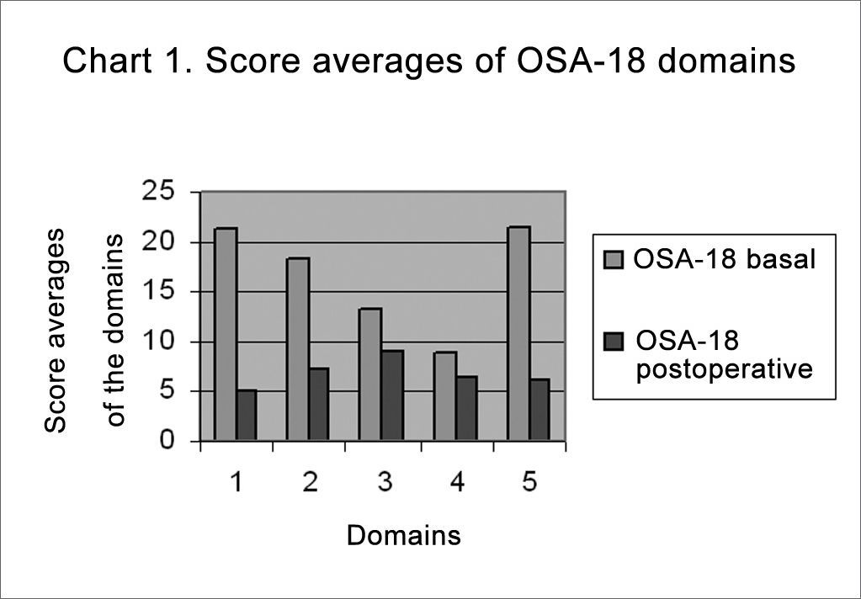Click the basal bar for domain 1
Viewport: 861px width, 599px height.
226,334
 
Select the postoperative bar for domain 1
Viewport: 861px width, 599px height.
247,415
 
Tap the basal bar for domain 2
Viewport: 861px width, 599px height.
298,349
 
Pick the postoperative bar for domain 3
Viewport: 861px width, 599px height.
392,395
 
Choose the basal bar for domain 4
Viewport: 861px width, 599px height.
444,396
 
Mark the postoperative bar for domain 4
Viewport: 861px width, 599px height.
466,409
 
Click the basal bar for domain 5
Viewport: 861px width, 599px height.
518,333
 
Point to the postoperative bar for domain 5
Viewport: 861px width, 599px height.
539,410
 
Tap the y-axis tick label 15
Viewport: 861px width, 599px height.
158,291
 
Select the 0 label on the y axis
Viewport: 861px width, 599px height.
167,440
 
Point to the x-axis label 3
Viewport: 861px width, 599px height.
385,482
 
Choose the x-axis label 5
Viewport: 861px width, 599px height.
529,482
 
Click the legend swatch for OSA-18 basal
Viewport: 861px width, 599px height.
614,260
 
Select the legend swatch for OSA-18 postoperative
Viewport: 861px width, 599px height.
614,342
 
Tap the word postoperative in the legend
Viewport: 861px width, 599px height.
725,369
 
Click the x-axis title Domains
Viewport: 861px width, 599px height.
404,535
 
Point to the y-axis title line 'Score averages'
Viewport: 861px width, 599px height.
55,331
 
